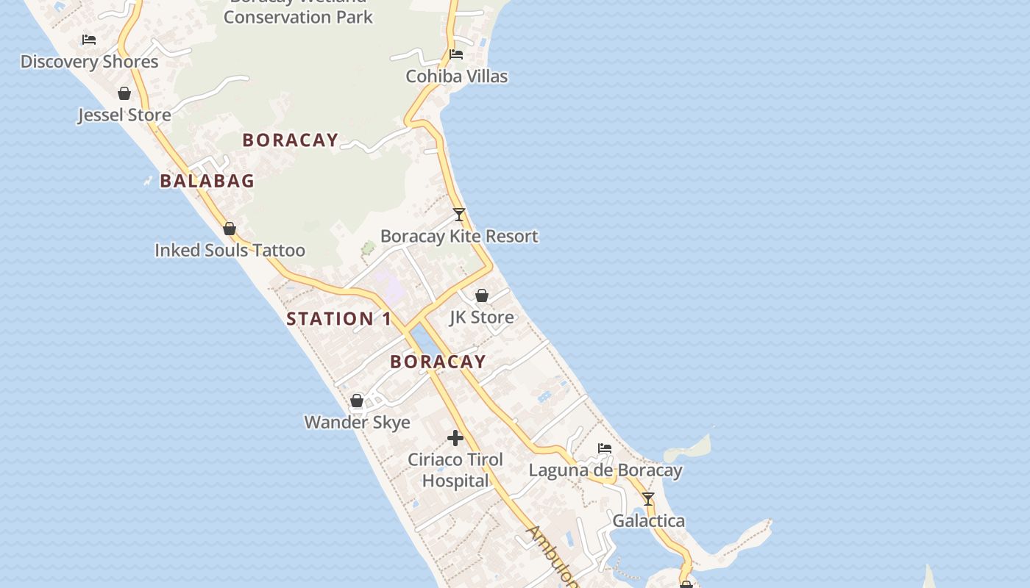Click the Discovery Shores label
(x=89, y=62)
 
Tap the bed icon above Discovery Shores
(x=89, y=39)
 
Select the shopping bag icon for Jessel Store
(x=124, y=93)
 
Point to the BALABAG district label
(x=207, y=181)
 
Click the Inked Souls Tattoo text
(x=230, y=251)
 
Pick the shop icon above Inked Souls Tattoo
(x=230, y=229)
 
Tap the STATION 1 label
(x=339, y=319)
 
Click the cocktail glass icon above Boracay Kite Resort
(x=459, y=215)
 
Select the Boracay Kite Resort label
(x=459, y=237)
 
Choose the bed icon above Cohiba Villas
(x=456, y=54)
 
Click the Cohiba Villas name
(x=456, y=76)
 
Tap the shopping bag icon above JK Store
(x=482, y=295)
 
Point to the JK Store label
(x=482, y=318)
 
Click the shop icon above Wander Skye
(x=357, y=401)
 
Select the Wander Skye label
(x=357, y=423)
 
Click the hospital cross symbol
(x=455, y=438)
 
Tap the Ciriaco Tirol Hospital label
(x=455, y=470)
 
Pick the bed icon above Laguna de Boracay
(x=605, y=448)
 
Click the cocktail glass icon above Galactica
(x=648, y=499)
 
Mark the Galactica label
(x=648, y=521)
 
